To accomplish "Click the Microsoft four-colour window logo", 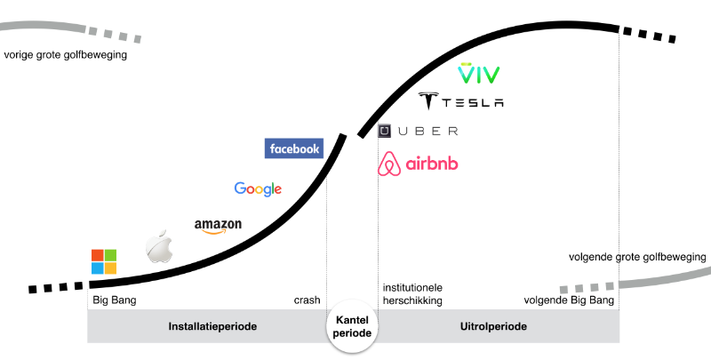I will click(104, 262).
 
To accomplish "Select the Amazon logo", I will click(218, 227).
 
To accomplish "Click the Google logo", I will click(258, 188).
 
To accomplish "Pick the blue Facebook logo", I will click(294, 148).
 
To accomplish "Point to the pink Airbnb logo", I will click(419, 164).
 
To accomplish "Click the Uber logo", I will click(418, 132).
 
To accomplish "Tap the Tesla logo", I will click(461, 101).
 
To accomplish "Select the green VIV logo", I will click(478, 74).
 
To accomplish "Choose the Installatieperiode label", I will click(212, 327).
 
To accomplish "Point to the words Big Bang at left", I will click(115, 300).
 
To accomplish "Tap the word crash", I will click(307, 300).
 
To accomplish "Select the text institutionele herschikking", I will click(412, 294).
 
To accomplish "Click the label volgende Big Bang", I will click(569, 300).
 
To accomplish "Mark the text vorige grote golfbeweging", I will click(66, 55).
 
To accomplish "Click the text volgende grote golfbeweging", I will click(637, 258).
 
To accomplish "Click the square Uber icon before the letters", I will click(385, 132).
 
